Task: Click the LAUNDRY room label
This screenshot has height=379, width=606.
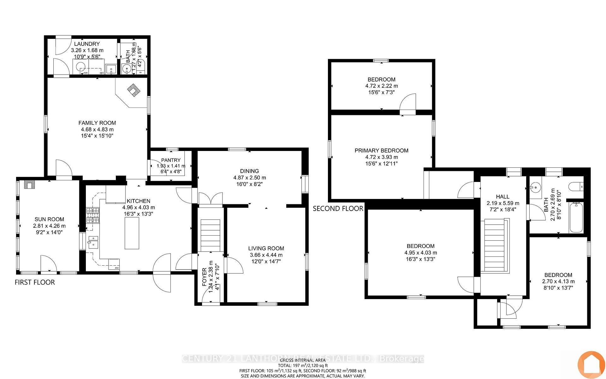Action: (x=85, y=44)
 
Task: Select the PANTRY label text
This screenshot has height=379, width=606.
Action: (x=171, y=160)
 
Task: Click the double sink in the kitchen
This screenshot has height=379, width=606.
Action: (x=93, y=242)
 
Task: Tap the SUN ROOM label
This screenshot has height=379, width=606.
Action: (x=49, y=219)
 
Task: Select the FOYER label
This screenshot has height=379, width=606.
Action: (x=204, y=277)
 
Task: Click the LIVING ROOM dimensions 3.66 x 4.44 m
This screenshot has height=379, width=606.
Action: (x=266, y=255)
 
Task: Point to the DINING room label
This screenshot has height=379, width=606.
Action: (x=249, y=171)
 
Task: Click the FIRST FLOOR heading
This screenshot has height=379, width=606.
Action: (x=35, y=282)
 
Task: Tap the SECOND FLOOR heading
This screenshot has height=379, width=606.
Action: (x=338, y=209)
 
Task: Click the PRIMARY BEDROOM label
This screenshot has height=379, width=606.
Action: (x=381, y=151)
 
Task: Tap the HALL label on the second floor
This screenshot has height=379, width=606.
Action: (x=502, y=197)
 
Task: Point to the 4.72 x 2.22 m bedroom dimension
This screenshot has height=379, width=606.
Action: (x=382, y=86)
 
